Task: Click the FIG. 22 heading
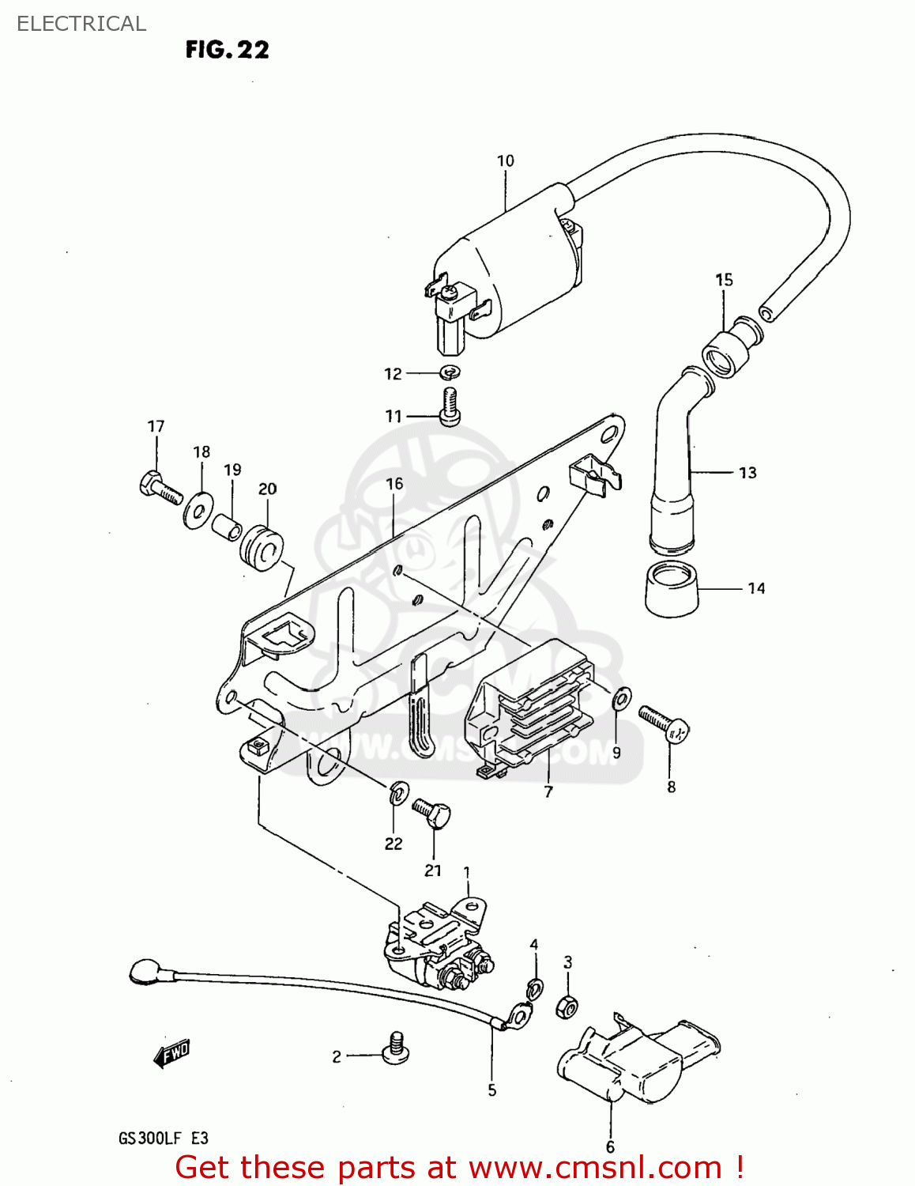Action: click(x=227, y=50)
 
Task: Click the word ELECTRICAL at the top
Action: click(x=81, y=24)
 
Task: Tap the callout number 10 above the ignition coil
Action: click(x=505, y=161)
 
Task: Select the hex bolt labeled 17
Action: click(x=160, y=486)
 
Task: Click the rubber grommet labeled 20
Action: click(x=262, y=546)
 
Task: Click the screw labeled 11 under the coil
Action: click(x=450, y=406)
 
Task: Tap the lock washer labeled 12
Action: click(x=450, y=372)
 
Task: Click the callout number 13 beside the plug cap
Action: click(x=747, y=473)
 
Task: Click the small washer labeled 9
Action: click(x=622, y=698)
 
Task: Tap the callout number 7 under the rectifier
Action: click(x=548, y=791)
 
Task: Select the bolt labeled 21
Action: click(x=432, y=812)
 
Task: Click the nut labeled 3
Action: click(x=567, y=1007)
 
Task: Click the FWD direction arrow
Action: click(x=171, y=1054)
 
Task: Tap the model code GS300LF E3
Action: click(x=164, y=1139)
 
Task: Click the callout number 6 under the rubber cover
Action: click(x=610, y=1146)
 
